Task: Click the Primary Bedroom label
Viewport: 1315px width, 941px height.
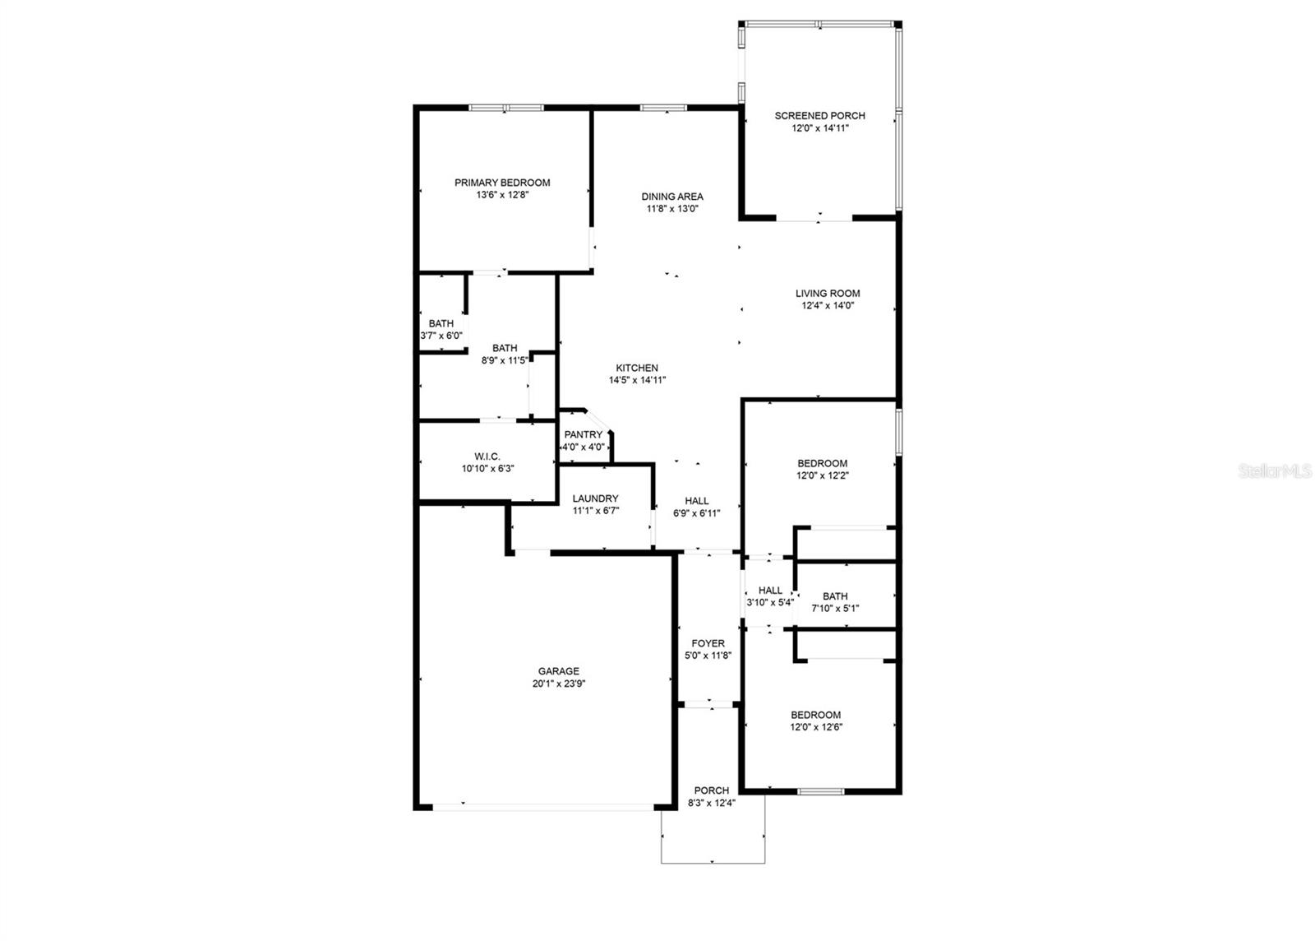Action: [502, 183]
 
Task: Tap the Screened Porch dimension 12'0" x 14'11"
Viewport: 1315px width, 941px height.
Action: [819, 128]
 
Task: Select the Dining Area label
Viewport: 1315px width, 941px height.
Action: [672, 197]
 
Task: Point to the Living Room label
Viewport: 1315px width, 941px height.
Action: [828, 294]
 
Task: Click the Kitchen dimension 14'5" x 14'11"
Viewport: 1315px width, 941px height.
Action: [637, 380]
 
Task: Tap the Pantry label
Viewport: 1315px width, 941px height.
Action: [584, 435]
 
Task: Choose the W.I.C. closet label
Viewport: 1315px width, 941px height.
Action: [487, 457]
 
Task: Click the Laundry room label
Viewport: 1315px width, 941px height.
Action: [596, 498]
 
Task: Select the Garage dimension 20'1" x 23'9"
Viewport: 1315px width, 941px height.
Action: [559, 684]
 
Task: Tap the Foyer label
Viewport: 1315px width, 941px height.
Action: [708, 643]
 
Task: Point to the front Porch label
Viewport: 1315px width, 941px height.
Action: [712, 790]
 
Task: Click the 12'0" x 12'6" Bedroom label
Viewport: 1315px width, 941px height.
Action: [816, 715]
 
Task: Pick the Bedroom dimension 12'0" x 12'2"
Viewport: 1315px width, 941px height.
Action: [822, 475]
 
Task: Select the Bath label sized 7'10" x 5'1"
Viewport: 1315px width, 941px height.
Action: [835, 596]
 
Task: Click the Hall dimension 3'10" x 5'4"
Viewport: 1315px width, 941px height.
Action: [770, 602]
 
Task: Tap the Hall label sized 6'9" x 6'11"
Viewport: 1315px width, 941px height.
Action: [697, 501]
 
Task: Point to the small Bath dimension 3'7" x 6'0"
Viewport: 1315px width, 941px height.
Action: [441, 336]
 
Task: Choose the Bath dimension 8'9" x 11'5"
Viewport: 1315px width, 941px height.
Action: [504, 360]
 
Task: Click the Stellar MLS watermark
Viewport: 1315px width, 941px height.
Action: [1275, 471]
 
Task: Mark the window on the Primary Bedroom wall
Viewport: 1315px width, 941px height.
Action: [505, 108]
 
